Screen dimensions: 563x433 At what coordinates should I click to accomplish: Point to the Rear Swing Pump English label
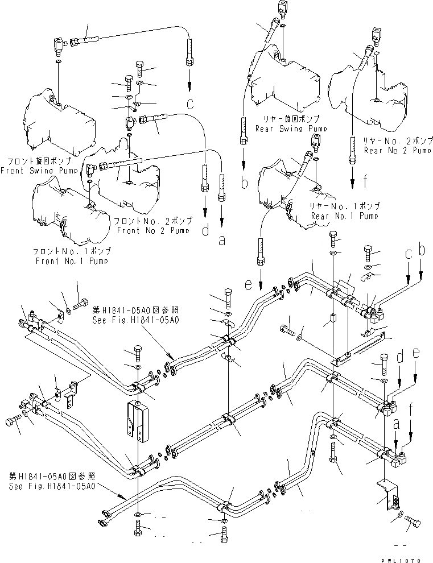coord(291,129)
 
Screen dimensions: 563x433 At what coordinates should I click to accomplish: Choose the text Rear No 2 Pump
coord(391,150)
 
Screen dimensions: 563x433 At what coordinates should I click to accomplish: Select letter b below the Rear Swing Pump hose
coord(244,183)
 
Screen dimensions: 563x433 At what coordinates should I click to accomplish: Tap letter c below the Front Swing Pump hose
coord(190,104)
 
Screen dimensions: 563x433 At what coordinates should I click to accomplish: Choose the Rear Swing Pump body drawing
coord(284,82)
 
